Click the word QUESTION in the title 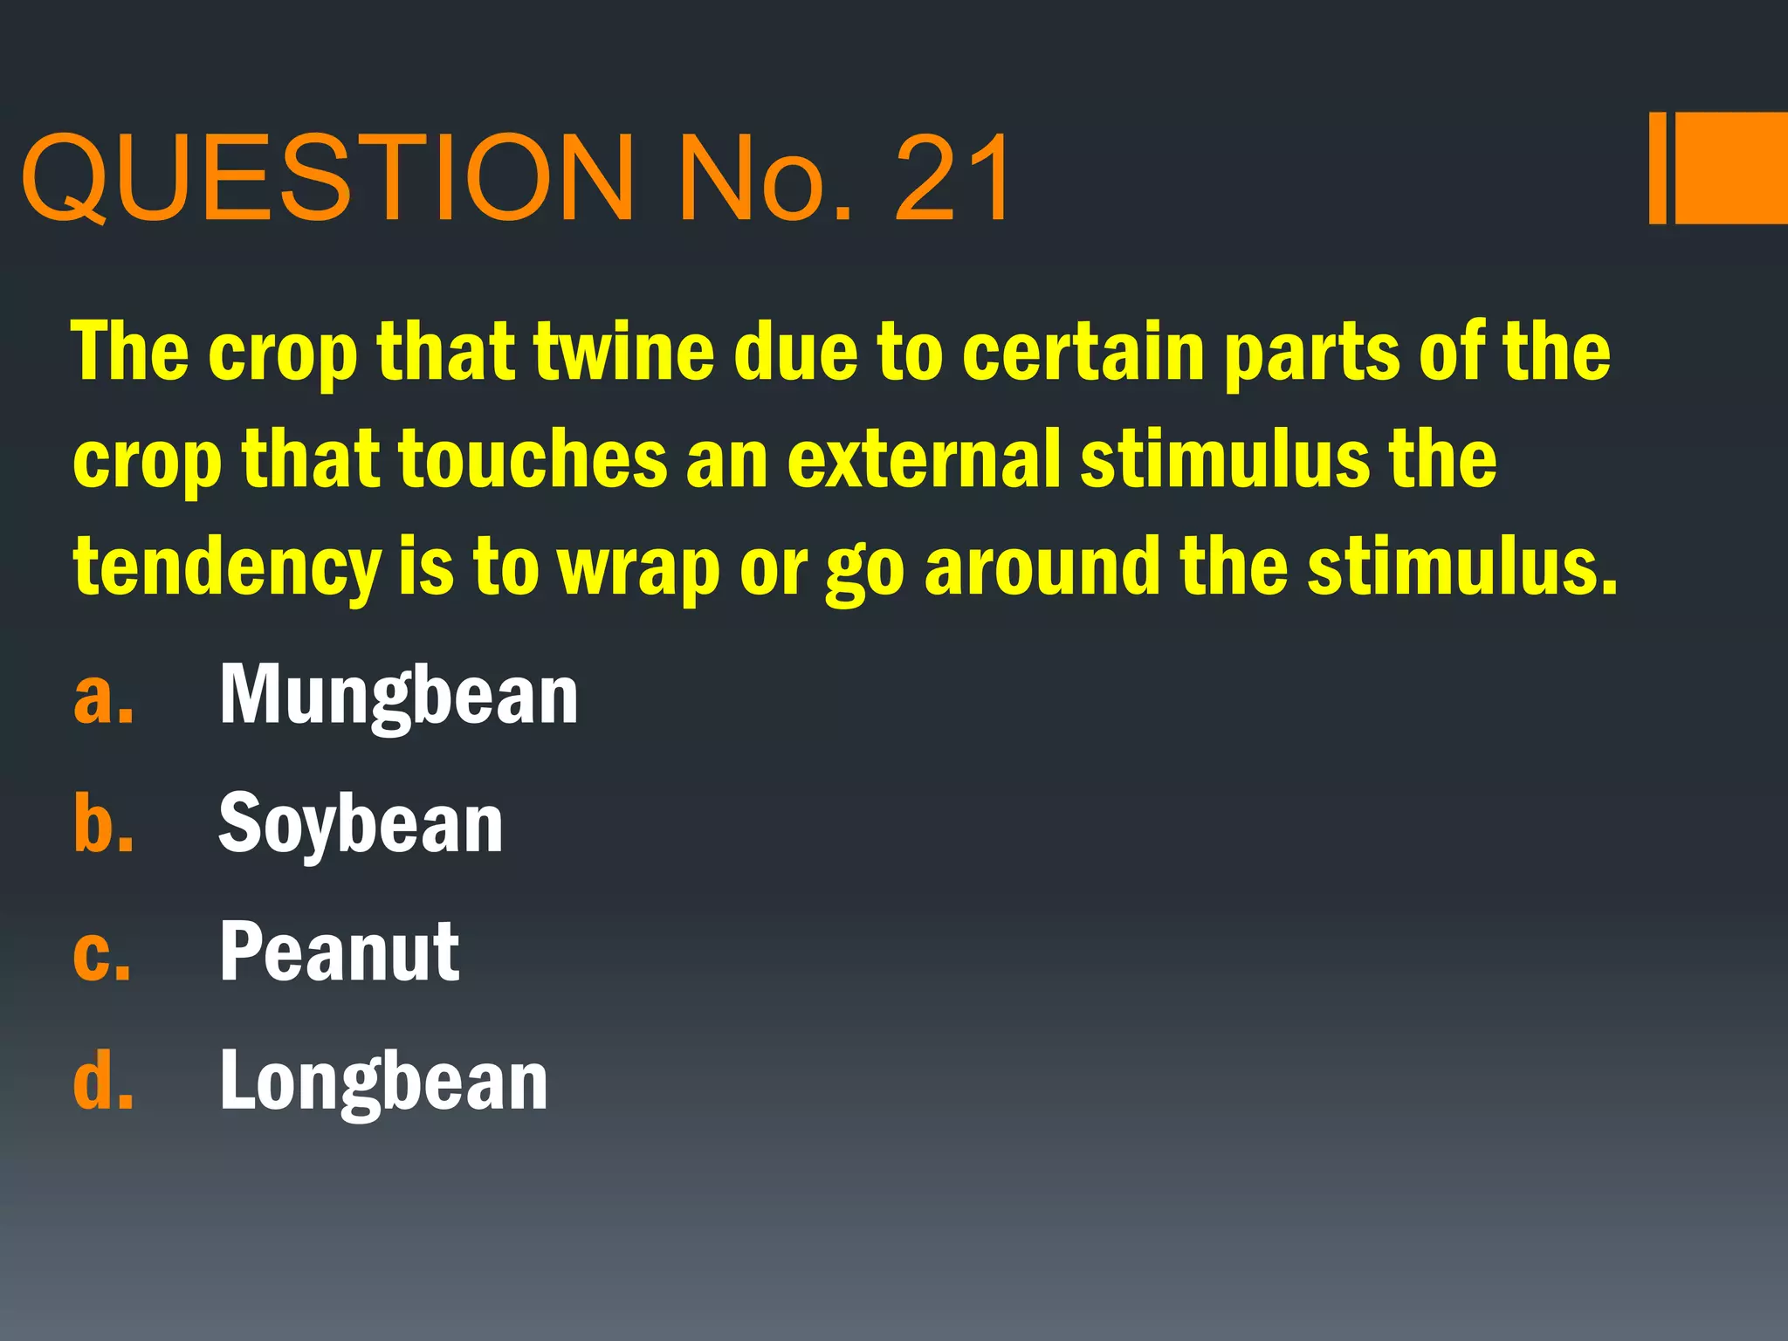tap(328, 179)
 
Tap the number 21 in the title tap(952, 179)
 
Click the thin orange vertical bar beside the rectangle tap(1658, 168)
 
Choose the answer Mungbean tap(398, 697)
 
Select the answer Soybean tap(361, 825)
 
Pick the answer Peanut tap(340, 952)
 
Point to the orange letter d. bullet tap(104, 1081)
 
